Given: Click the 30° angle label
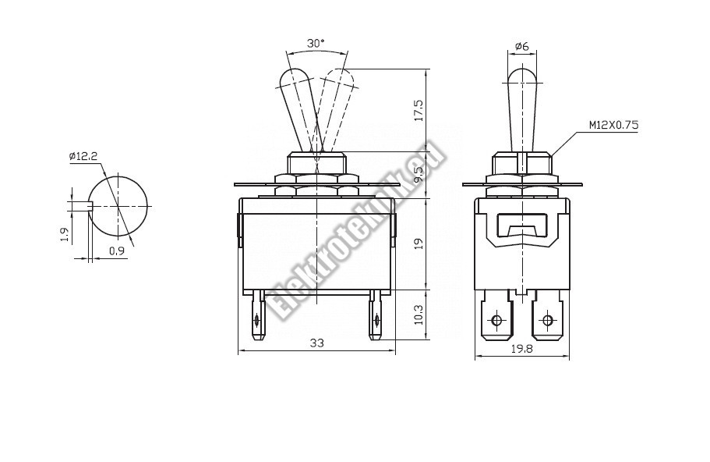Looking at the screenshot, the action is [316, 44].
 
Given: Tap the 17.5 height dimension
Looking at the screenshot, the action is [419, 110].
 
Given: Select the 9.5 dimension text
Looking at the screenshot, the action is [419, 175].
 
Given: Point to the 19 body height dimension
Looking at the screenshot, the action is [419, 244].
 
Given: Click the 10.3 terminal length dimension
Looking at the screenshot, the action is [419, 315].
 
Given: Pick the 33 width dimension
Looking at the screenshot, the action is [317, 343].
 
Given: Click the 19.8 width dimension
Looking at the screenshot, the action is [522, 349].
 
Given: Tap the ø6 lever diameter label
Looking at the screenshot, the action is [522, 46].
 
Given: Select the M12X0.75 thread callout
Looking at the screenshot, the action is [613, 125].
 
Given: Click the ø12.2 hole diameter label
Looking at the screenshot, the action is [83, 157].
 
